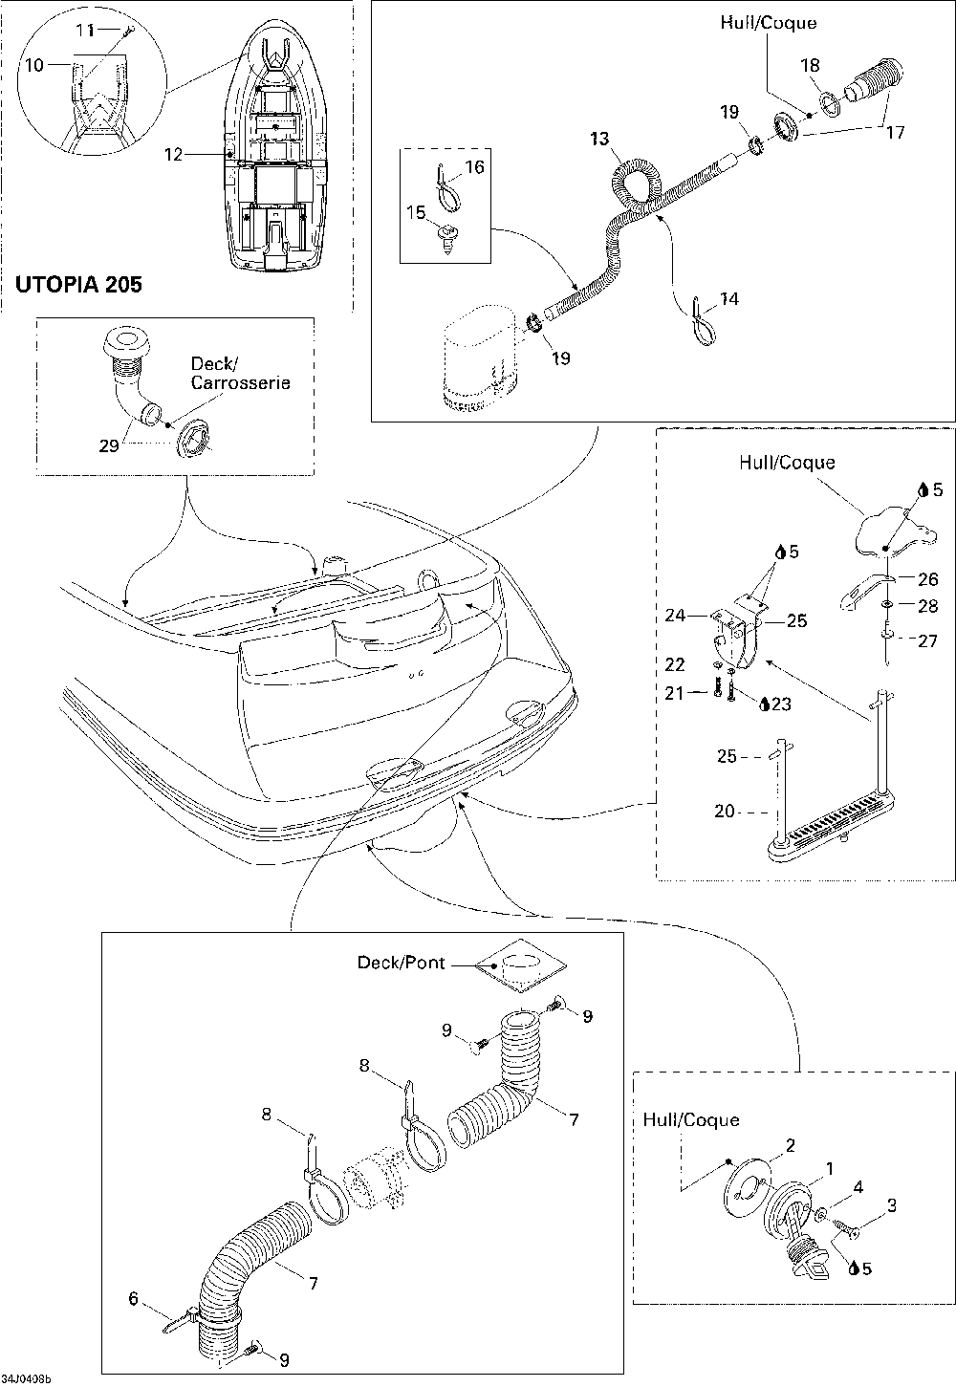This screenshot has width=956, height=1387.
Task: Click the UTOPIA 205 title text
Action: point(78,284)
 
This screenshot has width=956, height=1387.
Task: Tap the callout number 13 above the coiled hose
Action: point(599,139)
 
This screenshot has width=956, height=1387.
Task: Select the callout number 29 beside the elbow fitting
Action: point(109,445)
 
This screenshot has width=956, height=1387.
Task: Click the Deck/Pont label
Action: point(401,963)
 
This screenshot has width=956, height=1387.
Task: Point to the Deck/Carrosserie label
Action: point(240,374)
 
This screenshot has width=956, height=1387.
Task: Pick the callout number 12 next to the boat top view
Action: point(173,154)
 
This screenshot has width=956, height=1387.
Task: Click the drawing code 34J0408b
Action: point(26,1379)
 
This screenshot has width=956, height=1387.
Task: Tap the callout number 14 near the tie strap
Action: point(729,299)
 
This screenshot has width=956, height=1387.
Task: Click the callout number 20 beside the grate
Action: point(725,811)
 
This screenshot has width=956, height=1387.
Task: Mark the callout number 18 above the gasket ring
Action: point(810,66)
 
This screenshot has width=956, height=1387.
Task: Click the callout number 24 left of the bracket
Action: point(675,616)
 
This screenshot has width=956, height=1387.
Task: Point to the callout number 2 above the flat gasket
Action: point(790,1145)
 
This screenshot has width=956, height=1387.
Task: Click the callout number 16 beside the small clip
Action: point(474,167)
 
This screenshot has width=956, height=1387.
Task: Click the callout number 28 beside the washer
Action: point(927,606)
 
